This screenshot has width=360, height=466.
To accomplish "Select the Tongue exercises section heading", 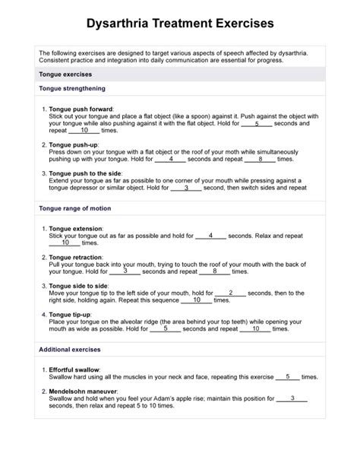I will coord(65,74).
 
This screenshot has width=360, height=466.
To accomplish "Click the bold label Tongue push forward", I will coord(85,109).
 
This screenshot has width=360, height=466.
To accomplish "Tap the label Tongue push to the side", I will coord(89,173).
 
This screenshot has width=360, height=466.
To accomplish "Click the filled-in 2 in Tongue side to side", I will coord(230,292).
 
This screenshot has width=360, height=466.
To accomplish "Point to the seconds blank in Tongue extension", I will coord(210,235).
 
